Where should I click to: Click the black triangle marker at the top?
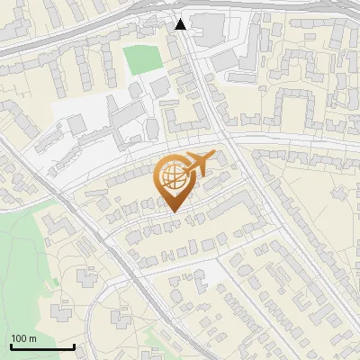181,24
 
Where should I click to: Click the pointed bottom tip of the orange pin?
174,212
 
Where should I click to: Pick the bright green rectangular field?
139,60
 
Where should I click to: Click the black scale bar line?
41,346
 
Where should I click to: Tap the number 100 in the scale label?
20,338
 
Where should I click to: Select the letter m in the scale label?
32,338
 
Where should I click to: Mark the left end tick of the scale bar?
11,345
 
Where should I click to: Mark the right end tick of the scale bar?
73,345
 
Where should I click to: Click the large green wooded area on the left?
22,252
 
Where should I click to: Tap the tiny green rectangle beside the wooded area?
55,282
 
